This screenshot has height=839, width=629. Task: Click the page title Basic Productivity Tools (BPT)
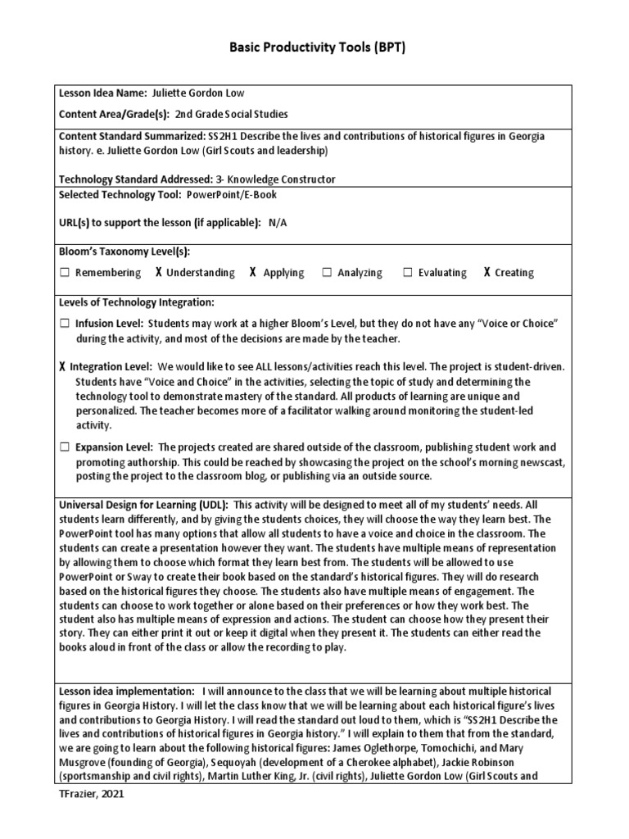[314, 48]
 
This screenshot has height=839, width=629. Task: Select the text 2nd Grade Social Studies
[232, 115]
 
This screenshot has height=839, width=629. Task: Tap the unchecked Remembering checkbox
[64, 273]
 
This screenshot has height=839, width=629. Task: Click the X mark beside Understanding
[158, 273]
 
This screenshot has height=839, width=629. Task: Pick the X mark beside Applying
[253, 273]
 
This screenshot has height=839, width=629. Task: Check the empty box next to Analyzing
[327, 273]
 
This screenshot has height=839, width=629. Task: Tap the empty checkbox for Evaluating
[407, 273]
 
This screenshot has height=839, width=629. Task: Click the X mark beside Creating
[486, 273]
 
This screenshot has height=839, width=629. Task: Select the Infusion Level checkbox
[64, 324]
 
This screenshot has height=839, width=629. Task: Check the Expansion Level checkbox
[64, 447]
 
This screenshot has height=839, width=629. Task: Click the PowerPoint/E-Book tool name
[231, 194]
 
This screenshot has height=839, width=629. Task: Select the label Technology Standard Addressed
[134, 179]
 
